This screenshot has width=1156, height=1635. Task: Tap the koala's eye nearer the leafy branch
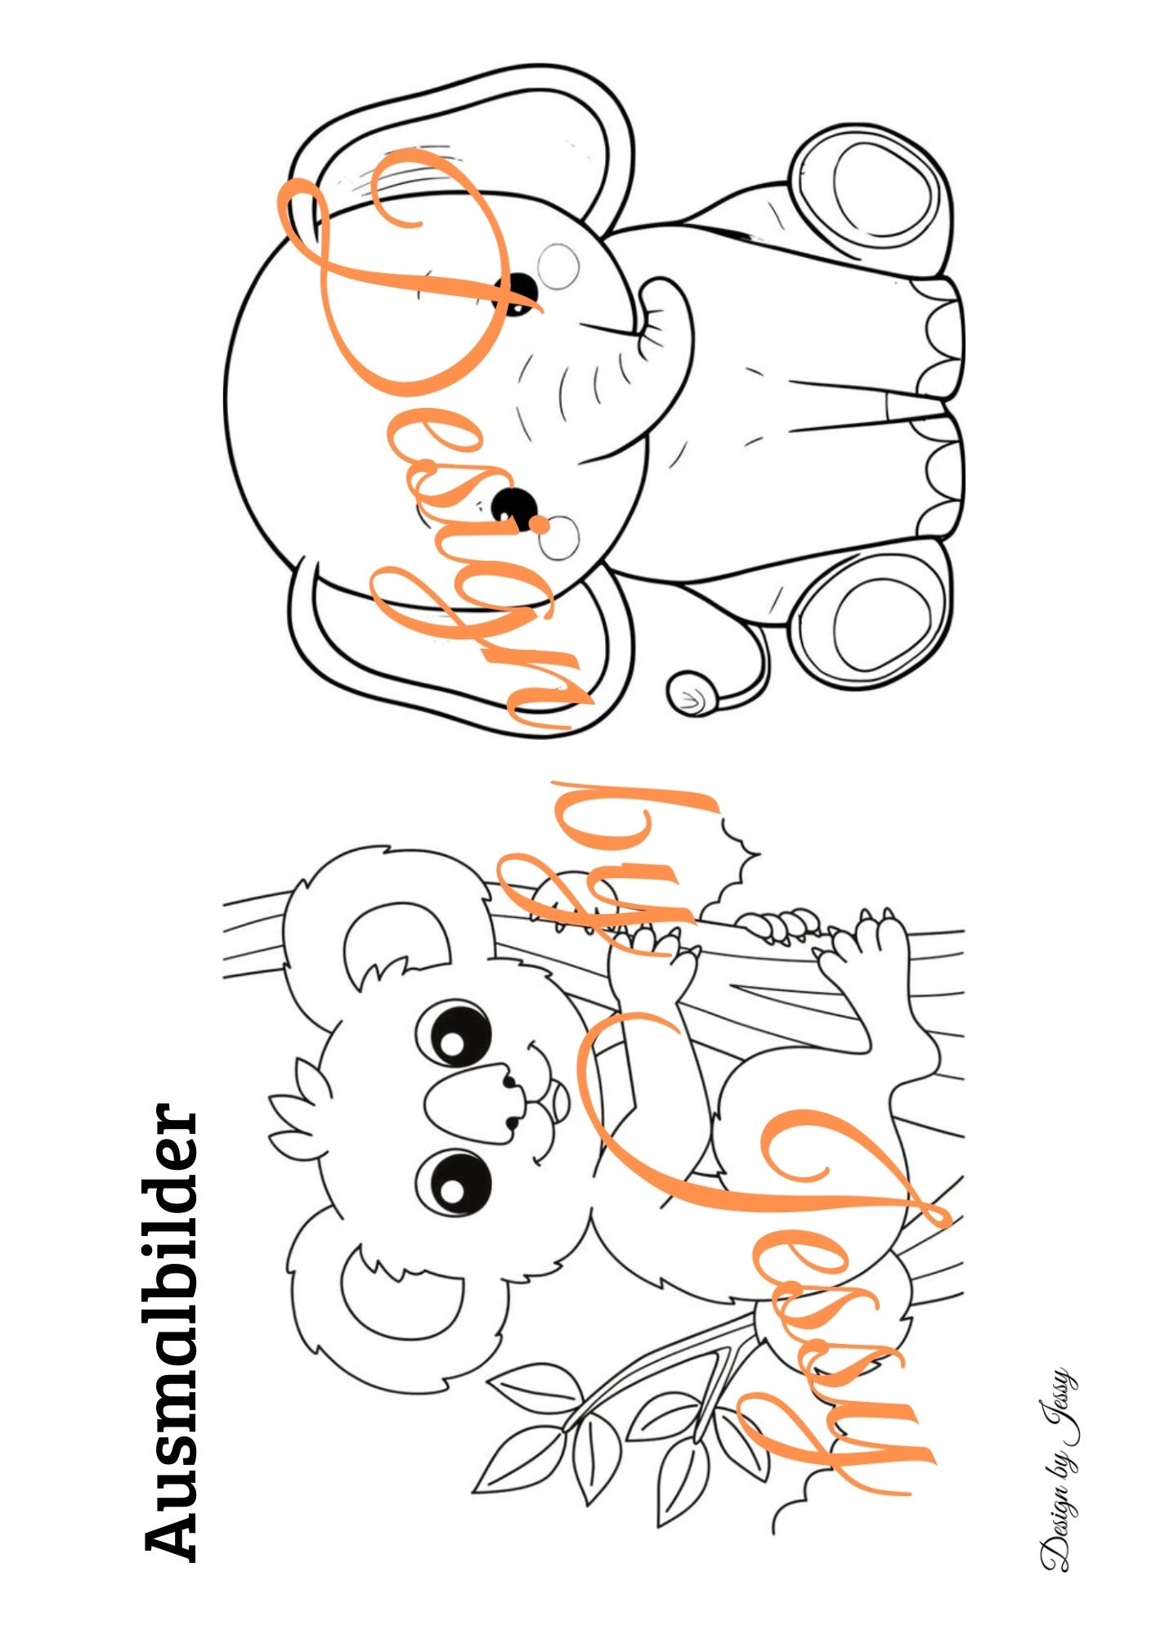click(x=455, y=1185)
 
